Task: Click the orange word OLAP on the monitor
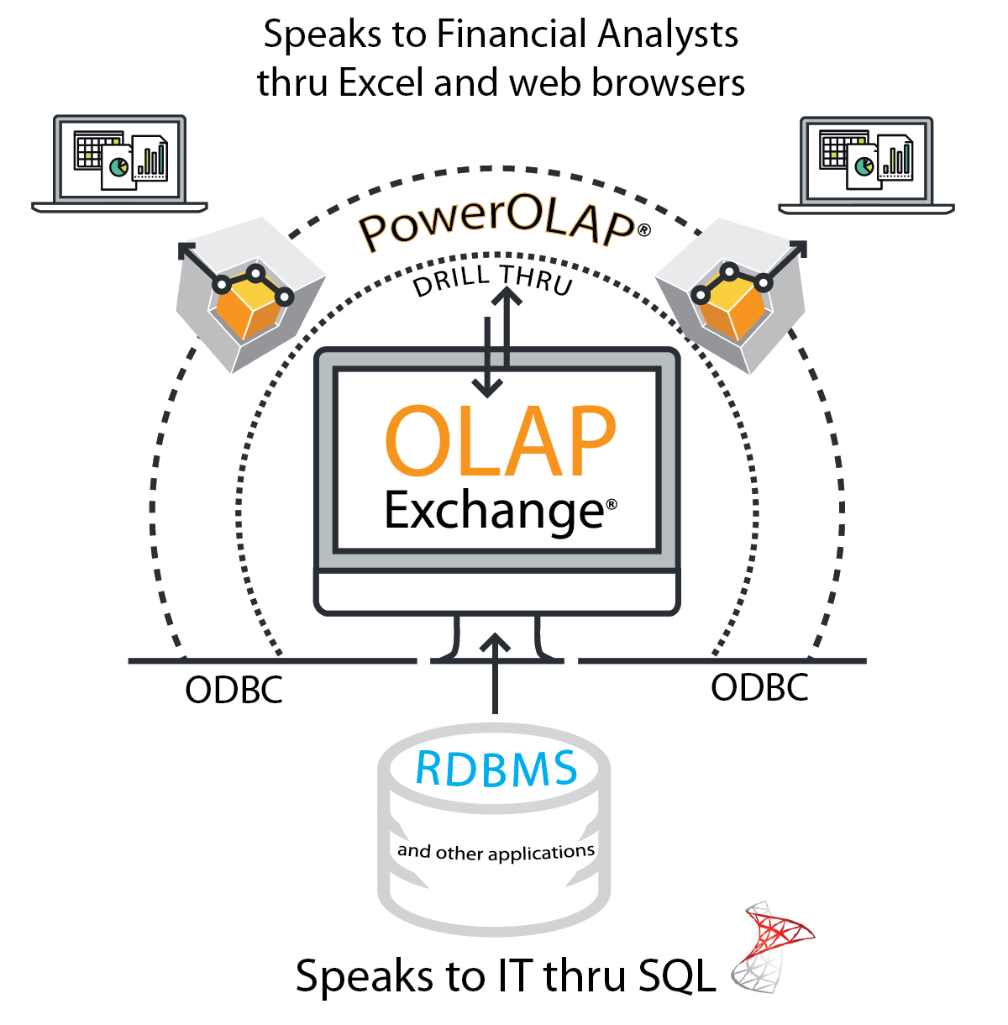pyautogui.click(x=500, y=441)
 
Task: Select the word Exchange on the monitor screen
pyautogui.click(x=494, y=511)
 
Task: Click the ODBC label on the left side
pyautogui.click(x=234, y=690)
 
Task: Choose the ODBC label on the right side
pyautogui.click(x=759, y=687)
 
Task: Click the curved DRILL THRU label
pyautogui.click(x=492, y=280)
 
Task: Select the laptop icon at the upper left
pyautogui.click(x=119, y=164)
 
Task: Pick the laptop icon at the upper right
pyautogui.click(x=867, y=166)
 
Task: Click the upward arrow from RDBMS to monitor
pyautogui.click(x=496, y=674)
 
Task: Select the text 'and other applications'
pyautogui.click(x=496, y=852)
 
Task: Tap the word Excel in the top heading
pyautogui.click(x=381, y=83)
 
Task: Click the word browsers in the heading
pyautogui.click(x=668, y=83)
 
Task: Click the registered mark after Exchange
pyautogui.click(x=612, y=504)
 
